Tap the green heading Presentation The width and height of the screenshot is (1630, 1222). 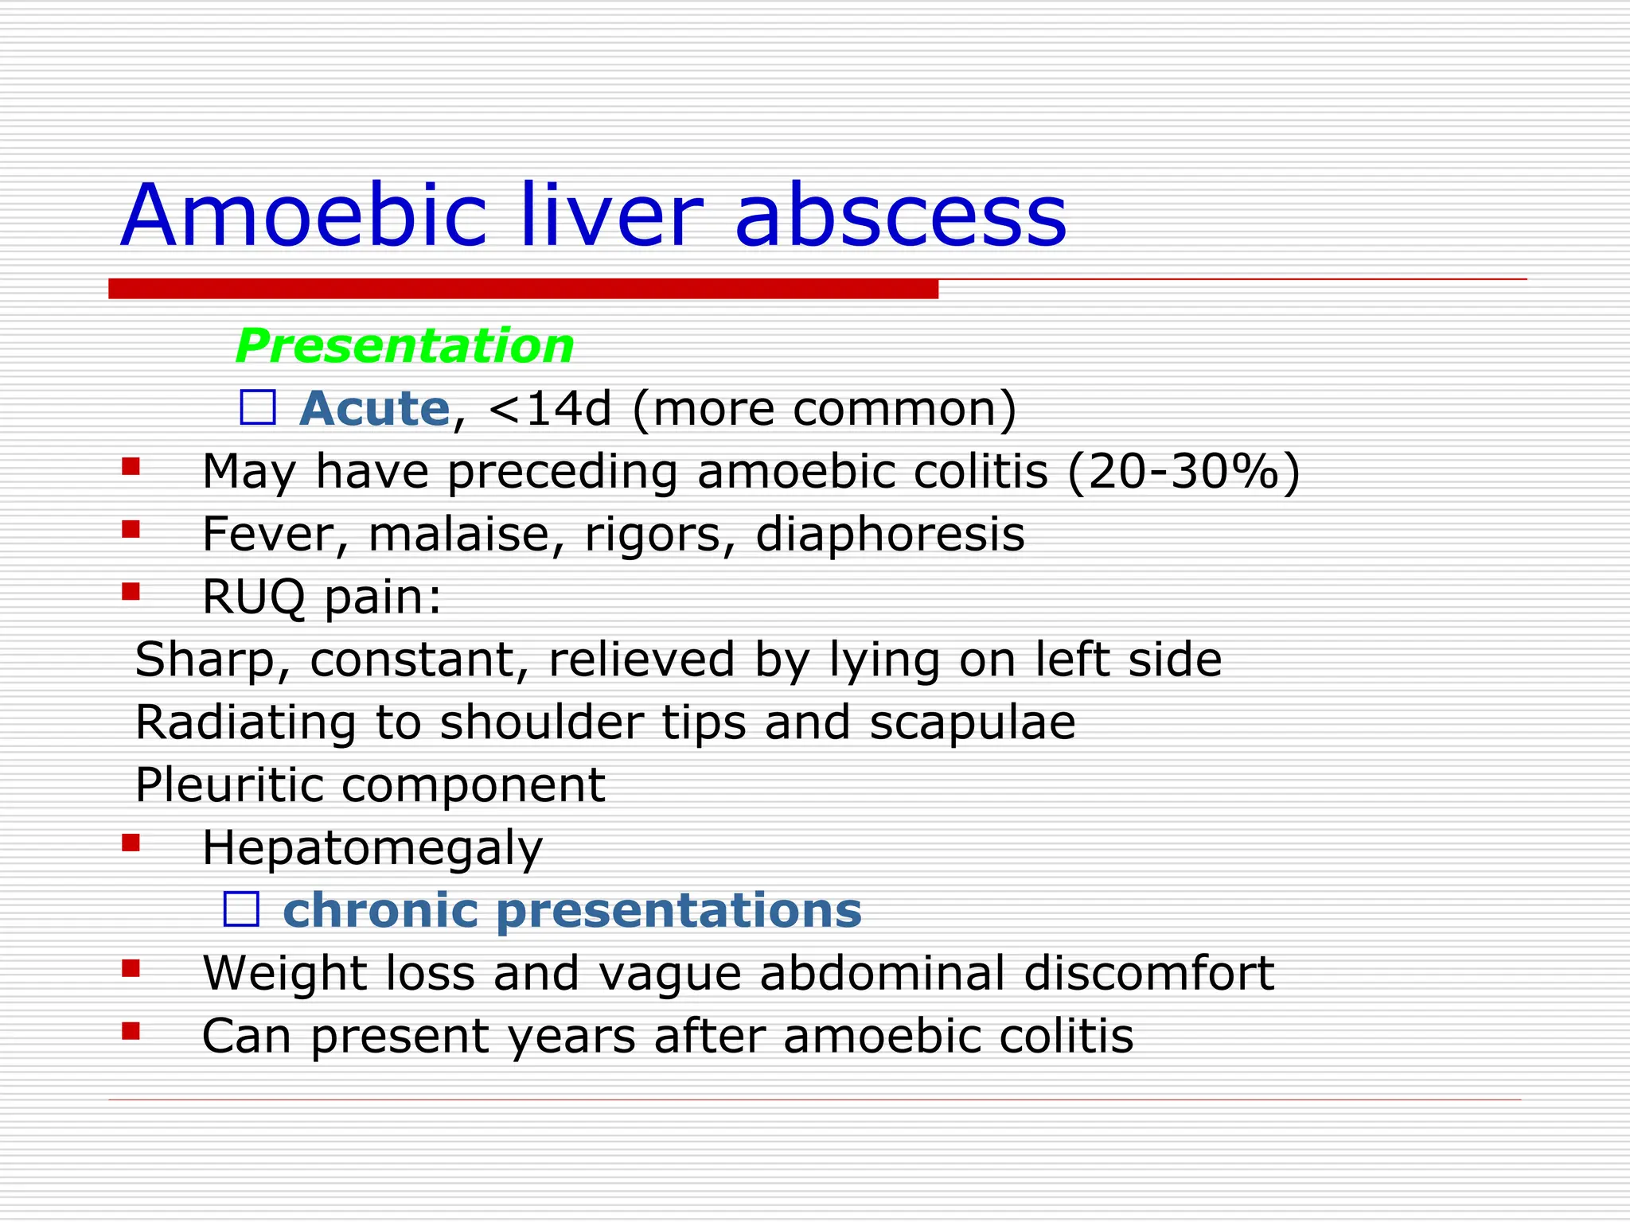coord(404,346)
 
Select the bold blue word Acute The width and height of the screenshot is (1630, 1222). coord(374,408)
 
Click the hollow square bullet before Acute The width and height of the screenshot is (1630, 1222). coord(257,407)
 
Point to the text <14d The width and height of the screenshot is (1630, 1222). coord(550,409)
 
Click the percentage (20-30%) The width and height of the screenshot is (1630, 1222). coord(1184,471)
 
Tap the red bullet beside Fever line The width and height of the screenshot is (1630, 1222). coord(131,528)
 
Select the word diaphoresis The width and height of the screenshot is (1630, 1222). coord(890,534)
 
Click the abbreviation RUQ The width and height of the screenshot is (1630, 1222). coord(253,597)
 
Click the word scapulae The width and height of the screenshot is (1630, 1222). coord(972,722)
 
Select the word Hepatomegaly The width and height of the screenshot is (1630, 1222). coord(372,848)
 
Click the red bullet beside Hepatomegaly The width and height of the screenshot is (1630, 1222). coord(131,842)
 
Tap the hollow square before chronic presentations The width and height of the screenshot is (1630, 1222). coord(241,909)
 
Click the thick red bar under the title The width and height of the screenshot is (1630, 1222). coord(523,289)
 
